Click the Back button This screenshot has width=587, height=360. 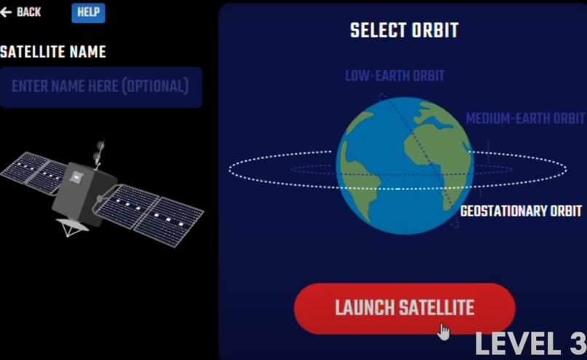[21, 12]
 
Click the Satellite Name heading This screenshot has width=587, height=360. [53, 52]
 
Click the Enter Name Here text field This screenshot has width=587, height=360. [101, 87]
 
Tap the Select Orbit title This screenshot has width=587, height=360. [404, 31]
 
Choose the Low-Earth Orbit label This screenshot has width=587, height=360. [395, 76]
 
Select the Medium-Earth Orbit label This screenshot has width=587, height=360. [525, 118]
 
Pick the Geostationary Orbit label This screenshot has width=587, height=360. [522, 211]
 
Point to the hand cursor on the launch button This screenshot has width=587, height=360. [444, 332]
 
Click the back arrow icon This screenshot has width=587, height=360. [7, 12]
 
